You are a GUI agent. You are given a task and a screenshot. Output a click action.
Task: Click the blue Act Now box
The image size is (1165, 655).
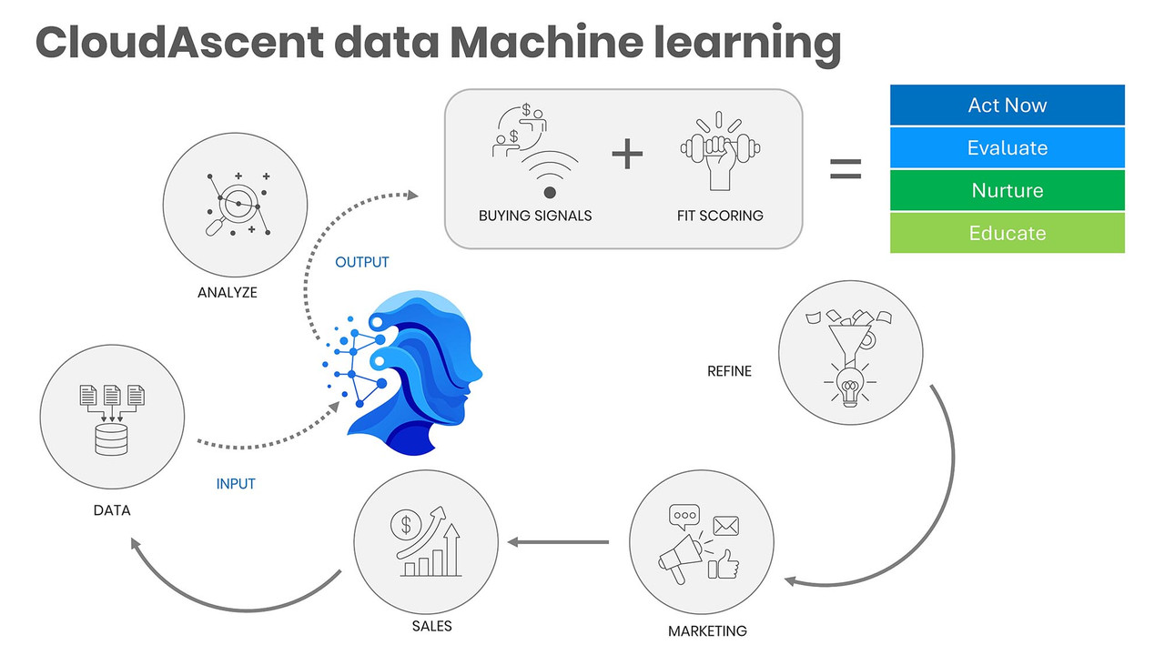[x=1007, y=105]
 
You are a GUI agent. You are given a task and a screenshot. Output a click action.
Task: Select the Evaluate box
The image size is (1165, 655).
[x=1007, y=147]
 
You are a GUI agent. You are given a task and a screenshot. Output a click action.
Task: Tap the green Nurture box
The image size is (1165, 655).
[x=1007, y=190]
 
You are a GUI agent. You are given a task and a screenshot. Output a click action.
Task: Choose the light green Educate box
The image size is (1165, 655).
[x=1007, y=233]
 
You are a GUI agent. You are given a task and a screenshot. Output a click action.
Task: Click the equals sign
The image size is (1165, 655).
[x=846, y=169]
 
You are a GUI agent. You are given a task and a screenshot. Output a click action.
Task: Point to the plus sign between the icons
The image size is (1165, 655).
[x=627, y=154]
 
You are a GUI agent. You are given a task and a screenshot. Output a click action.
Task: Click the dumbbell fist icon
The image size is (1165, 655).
[x=720, y=151]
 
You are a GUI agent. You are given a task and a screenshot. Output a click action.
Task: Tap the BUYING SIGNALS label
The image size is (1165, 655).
[x=535, y=216]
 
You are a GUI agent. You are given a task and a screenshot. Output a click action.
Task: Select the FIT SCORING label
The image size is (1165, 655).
[x=720, y=216]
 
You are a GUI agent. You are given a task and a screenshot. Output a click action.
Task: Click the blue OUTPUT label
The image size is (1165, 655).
[x=362, y=262]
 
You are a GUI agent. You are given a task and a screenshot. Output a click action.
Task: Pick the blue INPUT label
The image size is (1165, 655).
[x=236, y=484]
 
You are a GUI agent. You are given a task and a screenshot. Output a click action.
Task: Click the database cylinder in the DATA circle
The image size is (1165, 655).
[x=111, y=439]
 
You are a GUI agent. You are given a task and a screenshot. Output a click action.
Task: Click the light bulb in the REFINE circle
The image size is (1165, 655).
[x=850, y=387]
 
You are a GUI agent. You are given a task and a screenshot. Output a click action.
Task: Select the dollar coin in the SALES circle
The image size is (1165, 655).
[x=406, y=525]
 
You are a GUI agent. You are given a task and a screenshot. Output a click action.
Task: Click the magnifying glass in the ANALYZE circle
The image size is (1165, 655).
[x=231, y=209]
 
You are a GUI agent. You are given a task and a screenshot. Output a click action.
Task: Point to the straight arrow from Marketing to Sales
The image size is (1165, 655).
[x=558, y=542]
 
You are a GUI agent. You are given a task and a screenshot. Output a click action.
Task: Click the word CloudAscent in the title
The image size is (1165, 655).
[x=179, y=42]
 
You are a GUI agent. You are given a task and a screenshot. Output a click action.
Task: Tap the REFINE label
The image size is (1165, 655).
[x=729, y=371]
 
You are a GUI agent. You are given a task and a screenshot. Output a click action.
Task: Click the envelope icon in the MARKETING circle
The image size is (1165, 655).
[x=726, y=526]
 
